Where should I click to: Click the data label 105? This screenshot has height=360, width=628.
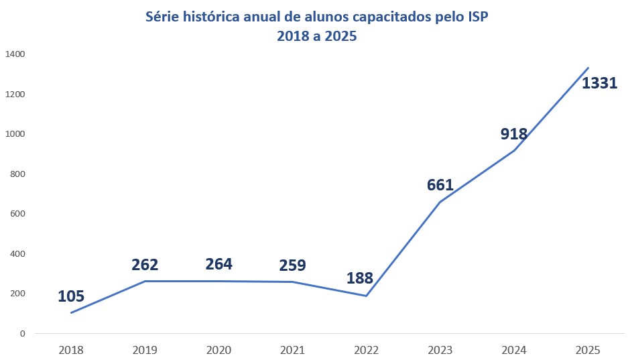[x=71, y=296]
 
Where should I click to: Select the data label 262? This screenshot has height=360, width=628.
[x=145, y=265]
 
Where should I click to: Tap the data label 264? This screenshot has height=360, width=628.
[x=218, y=264]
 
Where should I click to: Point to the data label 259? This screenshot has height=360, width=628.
[x=292, y=265]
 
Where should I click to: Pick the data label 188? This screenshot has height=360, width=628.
[x=359, y=278]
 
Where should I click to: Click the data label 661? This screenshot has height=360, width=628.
[x=440, y=185]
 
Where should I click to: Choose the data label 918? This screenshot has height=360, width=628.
[x=514, y=133]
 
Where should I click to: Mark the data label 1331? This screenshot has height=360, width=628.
[x=599, y=84]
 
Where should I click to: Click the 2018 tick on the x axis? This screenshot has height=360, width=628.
[x=71, y=350]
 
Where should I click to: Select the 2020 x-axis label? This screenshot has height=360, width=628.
[x=218, y=350]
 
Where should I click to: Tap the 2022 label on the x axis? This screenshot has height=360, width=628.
[x=366, y=350]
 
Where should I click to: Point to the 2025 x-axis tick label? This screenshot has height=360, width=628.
[x=588, y=350]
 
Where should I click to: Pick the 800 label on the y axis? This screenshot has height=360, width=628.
[x=17, y=174]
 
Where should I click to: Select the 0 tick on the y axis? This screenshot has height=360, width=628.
[x=23, y=333]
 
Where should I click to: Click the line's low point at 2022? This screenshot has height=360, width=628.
[x=366, y=296]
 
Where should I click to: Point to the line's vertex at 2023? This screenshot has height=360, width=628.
[x=440, y=201]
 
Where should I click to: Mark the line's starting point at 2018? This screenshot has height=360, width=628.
[x=71, y=312]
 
